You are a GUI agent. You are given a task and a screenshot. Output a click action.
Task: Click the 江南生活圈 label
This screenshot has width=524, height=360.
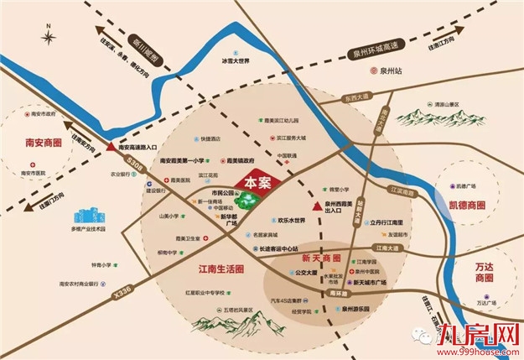[x=215, y=269]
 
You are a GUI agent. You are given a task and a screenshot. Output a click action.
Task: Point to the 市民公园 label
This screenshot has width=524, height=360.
[x=222, y=192]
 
